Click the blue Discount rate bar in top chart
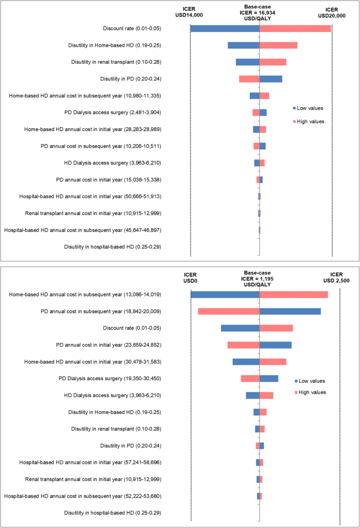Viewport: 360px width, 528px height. tap(225, 28)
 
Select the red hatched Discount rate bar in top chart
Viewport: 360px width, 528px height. tap(295, 28)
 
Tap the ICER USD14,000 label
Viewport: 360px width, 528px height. tap(189, 12)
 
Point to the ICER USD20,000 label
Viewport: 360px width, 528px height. tap(332, 13)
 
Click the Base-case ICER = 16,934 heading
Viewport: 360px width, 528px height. tap(258, 13)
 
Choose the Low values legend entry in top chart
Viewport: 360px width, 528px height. tap(308, 108)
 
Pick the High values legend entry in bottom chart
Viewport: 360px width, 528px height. tap(310, 392)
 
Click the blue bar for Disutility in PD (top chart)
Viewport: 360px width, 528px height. tap(271, 79)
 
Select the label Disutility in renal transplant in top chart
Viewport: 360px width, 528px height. tap(116, 62)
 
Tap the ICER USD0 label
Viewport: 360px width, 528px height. tap(190, 278)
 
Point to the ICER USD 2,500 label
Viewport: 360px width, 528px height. tap(336, 278)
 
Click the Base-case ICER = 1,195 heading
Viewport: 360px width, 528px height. tap(258, 279)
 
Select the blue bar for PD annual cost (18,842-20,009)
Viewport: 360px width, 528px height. tap(290, 311)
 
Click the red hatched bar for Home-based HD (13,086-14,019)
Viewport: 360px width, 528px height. tap(294, 295)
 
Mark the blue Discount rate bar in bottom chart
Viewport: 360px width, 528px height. tap(240, 328)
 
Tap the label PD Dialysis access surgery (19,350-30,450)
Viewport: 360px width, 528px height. tap(110, 379)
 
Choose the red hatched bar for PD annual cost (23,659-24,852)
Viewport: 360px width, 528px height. tap(243, 345)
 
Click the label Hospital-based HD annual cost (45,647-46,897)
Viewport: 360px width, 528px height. tap(83, 230)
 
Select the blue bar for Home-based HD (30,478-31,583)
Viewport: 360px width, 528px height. tap(246, 362)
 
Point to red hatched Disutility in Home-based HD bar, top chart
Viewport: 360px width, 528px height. tap(279, 45)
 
